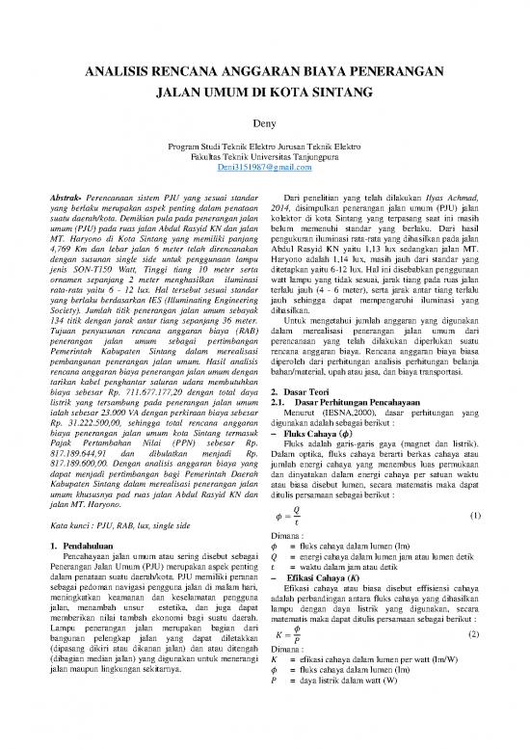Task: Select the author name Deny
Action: [264, 123]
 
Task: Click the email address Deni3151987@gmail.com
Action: [264, 167]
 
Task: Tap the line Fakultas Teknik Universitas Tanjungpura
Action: [264, 156]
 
